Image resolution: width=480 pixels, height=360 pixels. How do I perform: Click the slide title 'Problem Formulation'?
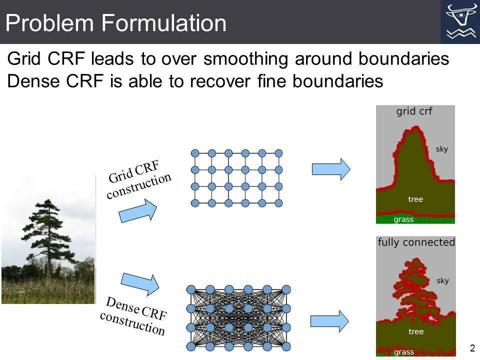tap(116, 23)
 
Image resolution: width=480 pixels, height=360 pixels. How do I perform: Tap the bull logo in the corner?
tap(460, 21)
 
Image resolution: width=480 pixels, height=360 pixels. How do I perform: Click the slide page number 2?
tap(472, 348)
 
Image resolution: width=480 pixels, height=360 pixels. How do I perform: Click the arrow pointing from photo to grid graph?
tap(138, 210)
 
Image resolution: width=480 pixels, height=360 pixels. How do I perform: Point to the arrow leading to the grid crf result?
tap(331, 169)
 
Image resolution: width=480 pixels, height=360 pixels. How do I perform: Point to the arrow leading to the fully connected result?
tap(329, 321)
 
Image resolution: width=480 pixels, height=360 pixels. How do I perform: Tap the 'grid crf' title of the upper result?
tap(414, 111)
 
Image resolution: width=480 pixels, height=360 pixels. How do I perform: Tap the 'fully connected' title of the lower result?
tap(416, 242)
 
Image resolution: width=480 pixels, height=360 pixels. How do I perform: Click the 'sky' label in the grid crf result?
tap(442, 149)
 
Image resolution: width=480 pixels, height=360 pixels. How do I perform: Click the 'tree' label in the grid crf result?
tap(415, 199)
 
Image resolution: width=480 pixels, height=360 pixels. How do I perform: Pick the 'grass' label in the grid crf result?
tap(403, 219)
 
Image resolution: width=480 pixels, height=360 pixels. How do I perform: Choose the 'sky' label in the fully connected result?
tap(442, 280)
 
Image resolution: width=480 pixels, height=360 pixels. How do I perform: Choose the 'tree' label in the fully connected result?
tap(415, 331)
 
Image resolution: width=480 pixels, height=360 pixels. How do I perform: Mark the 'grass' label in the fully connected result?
tap(403, 351)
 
